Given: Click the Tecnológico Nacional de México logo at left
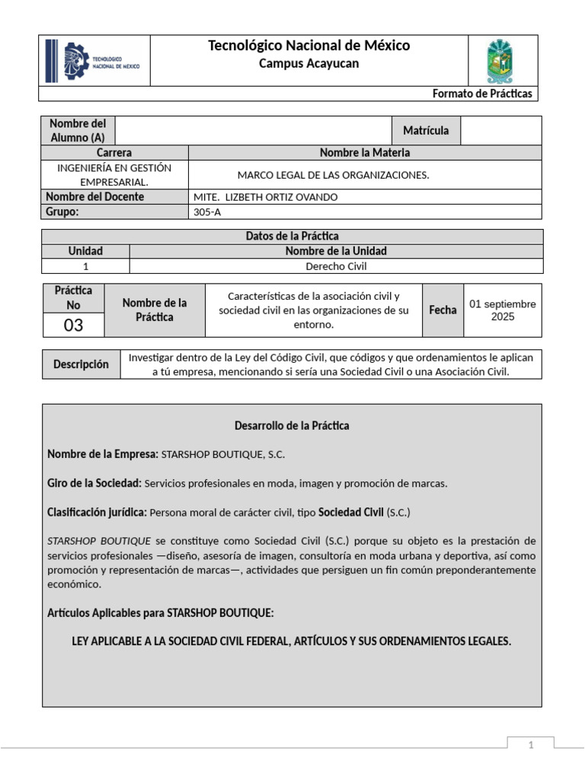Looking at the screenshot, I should (x=94, y=62).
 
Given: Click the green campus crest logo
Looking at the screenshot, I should (x=500, y=61).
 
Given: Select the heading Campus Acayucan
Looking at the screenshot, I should (x=308, y=64).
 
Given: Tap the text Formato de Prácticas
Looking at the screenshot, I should (x=482, y=94).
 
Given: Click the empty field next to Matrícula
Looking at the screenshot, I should (x=501, y=130).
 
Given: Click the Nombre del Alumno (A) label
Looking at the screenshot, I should (x=77, y=130).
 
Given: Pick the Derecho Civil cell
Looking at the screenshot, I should (x=336, y=266).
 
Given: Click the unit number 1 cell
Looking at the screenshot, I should (x=85, y=266).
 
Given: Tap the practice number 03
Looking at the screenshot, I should (x=74, y=326).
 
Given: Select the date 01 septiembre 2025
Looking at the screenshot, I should (x=503, y=310).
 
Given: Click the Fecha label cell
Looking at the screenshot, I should (x=443, y=310).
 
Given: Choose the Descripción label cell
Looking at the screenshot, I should (x=81, y=364).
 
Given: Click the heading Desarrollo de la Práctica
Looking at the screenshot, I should (x=292, y=425).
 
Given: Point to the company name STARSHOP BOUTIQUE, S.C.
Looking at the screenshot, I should (x=223, y=455).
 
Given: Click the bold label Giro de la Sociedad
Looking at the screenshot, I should (x=94, y=483).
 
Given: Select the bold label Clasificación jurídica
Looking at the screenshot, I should (x=97, y=512).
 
